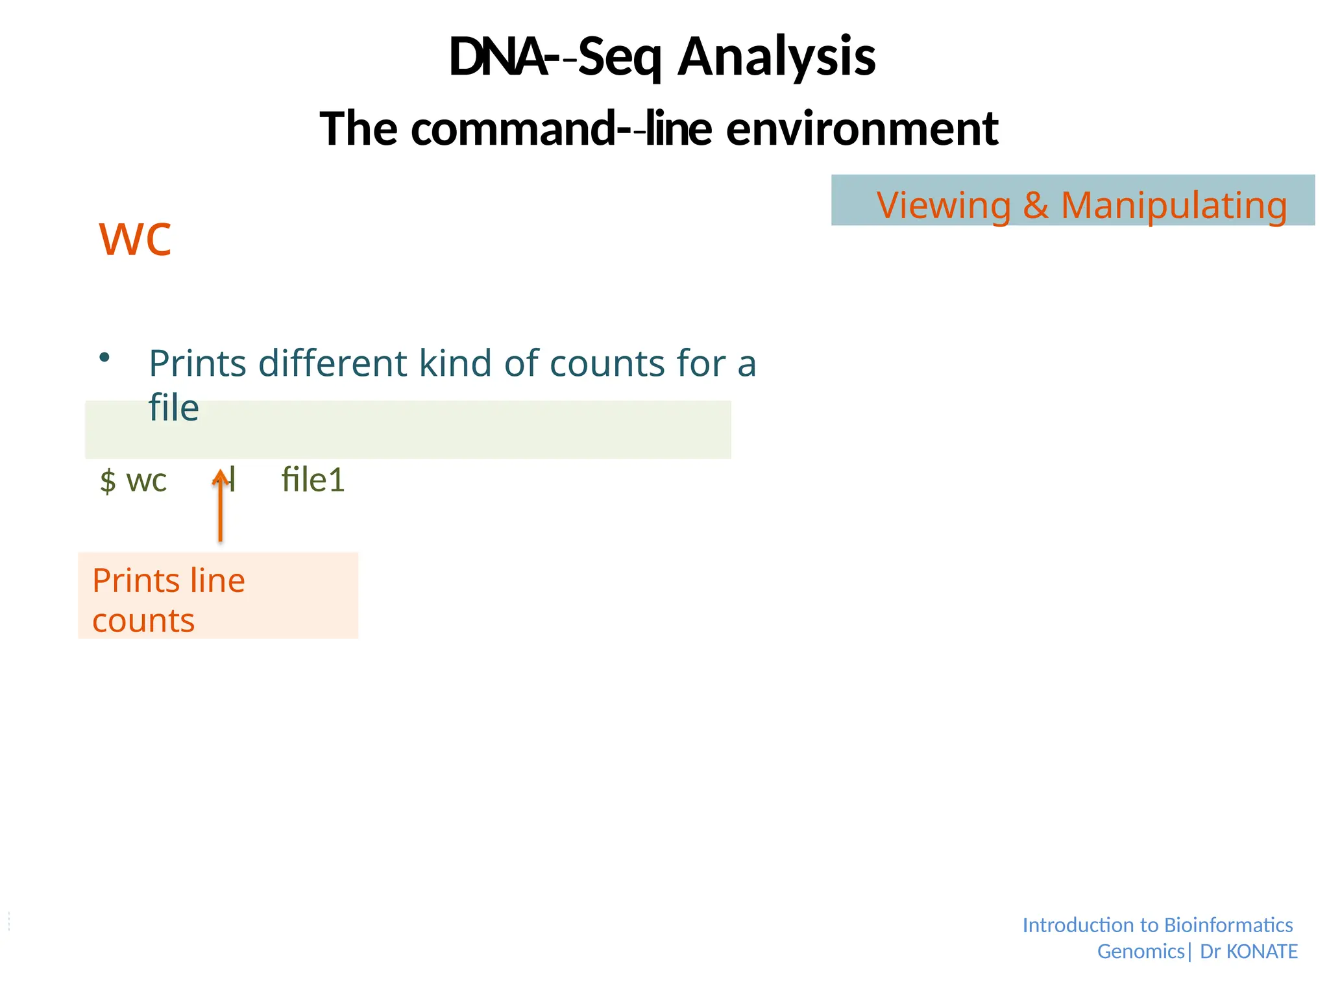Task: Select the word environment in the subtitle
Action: tap(862, 129)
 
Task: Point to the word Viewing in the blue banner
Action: tap(944, 205)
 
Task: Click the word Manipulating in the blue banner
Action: tap(1173, 205)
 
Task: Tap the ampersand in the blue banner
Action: tap(1035, 205)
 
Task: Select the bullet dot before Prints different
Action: tap(104, 357)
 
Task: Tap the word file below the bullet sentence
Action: tap(173, 408)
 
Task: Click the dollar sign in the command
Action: tap(108, 481)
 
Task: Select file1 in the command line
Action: tap(313, 480)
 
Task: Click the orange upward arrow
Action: tap(221, 506)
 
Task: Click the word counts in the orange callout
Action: tap(143, 621)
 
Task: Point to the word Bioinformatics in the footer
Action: tap(1228, 924)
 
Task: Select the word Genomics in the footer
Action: tap(1141, 951)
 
